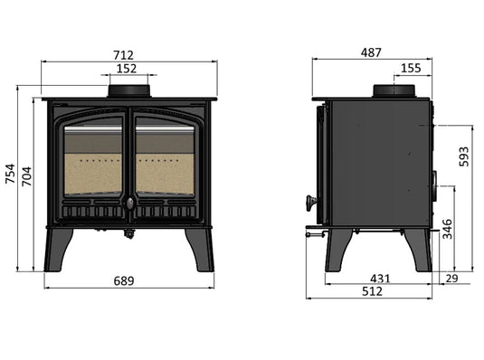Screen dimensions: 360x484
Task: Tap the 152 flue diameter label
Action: coord(128,68)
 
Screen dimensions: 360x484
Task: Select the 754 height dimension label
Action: coord(10,173)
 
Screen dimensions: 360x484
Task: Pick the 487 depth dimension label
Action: coord(371,52)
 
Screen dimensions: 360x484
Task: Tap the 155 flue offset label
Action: coord(410,68)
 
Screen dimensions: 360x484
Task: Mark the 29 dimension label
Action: coord(451,279)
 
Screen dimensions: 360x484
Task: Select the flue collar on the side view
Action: coord(394,91)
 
